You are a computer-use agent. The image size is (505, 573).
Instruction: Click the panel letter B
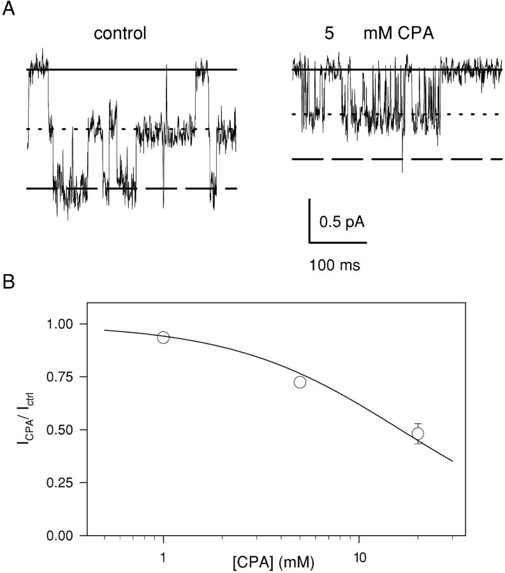8,282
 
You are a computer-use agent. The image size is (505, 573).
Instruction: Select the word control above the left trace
120,33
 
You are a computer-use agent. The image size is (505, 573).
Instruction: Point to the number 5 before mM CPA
329,33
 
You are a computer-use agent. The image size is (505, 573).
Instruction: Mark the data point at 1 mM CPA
163,337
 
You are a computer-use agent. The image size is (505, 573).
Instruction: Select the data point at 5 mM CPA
300,382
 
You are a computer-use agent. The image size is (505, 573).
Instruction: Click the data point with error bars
418,433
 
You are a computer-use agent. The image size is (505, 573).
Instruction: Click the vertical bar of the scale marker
310,221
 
